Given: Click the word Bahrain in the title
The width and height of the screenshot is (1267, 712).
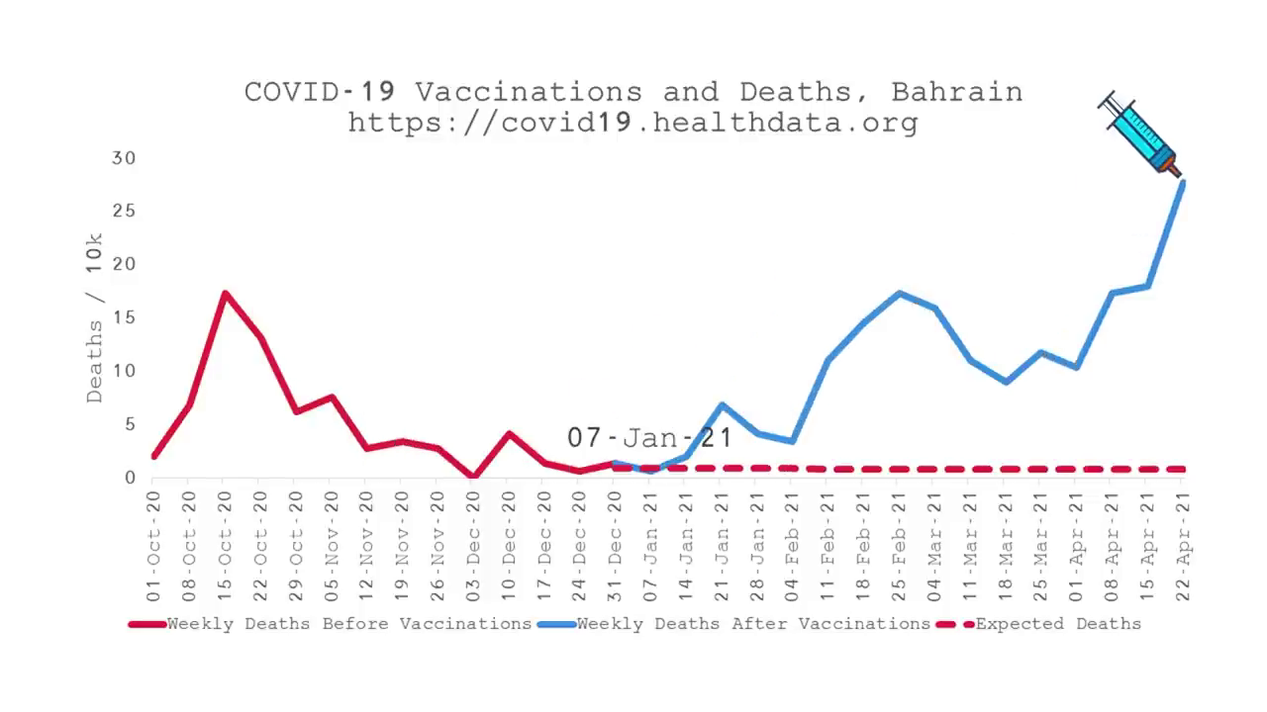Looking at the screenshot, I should coord(956,92).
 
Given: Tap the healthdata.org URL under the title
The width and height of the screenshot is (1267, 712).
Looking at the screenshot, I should coord(633,123).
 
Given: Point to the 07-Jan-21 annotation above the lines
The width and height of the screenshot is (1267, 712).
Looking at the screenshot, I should coord(649,437).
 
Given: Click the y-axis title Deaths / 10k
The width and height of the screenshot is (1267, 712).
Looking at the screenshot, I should coord(94,318).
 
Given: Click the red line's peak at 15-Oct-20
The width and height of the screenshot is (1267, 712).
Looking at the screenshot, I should coord(225,294).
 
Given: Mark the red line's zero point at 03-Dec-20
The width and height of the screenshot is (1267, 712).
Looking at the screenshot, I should coord(473,477).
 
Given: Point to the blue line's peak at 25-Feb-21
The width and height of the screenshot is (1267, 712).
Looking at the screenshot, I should coord(899,294).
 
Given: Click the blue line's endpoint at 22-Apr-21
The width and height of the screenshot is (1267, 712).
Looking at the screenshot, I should coord(1182,183).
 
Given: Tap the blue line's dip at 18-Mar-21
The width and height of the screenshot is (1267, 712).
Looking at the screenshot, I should coord(1006,381).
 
